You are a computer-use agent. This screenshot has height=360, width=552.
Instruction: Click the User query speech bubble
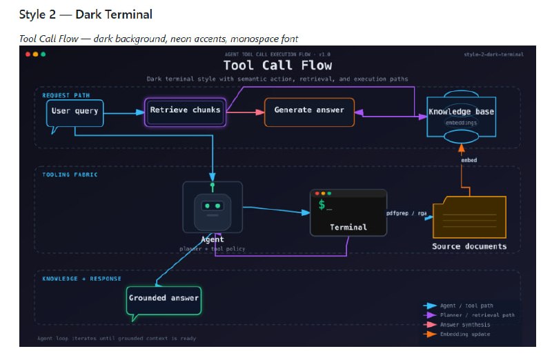coord(75,112)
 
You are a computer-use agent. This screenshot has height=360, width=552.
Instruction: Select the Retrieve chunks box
coord(185,110)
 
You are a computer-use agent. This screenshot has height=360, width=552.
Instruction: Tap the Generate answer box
coord(309,111)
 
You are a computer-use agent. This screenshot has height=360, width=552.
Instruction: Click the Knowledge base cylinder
coord(461,117)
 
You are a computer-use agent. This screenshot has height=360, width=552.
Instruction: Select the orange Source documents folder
coord(469,219)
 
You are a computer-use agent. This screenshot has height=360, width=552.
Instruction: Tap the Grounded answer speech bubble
coord(164,299)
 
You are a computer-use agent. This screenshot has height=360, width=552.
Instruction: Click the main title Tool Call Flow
coord(277,66)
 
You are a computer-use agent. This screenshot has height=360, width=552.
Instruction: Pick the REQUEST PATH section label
coord(66,94)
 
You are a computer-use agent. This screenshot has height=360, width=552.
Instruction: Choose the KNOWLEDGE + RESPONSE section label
coord(81,279)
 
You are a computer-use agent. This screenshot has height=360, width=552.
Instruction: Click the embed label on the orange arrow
coord(469,160)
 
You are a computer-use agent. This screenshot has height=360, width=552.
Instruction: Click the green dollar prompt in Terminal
coord(322,206)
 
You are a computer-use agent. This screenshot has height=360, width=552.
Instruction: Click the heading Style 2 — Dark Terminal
coord(86,14)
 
